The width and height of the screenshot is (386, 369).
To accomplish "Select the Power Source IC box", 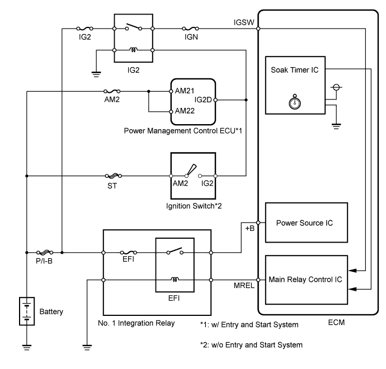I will [x=304, y=223].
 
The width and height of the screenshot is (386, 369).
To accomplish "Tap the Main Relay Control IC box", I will [x=304, y=278].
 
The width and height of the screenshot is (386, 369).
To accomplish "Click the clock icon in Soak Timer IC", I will [x=294, y=103].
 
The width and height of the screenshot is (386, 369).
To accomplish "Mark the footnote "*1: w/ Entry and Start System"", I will [x=250, y=324].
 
